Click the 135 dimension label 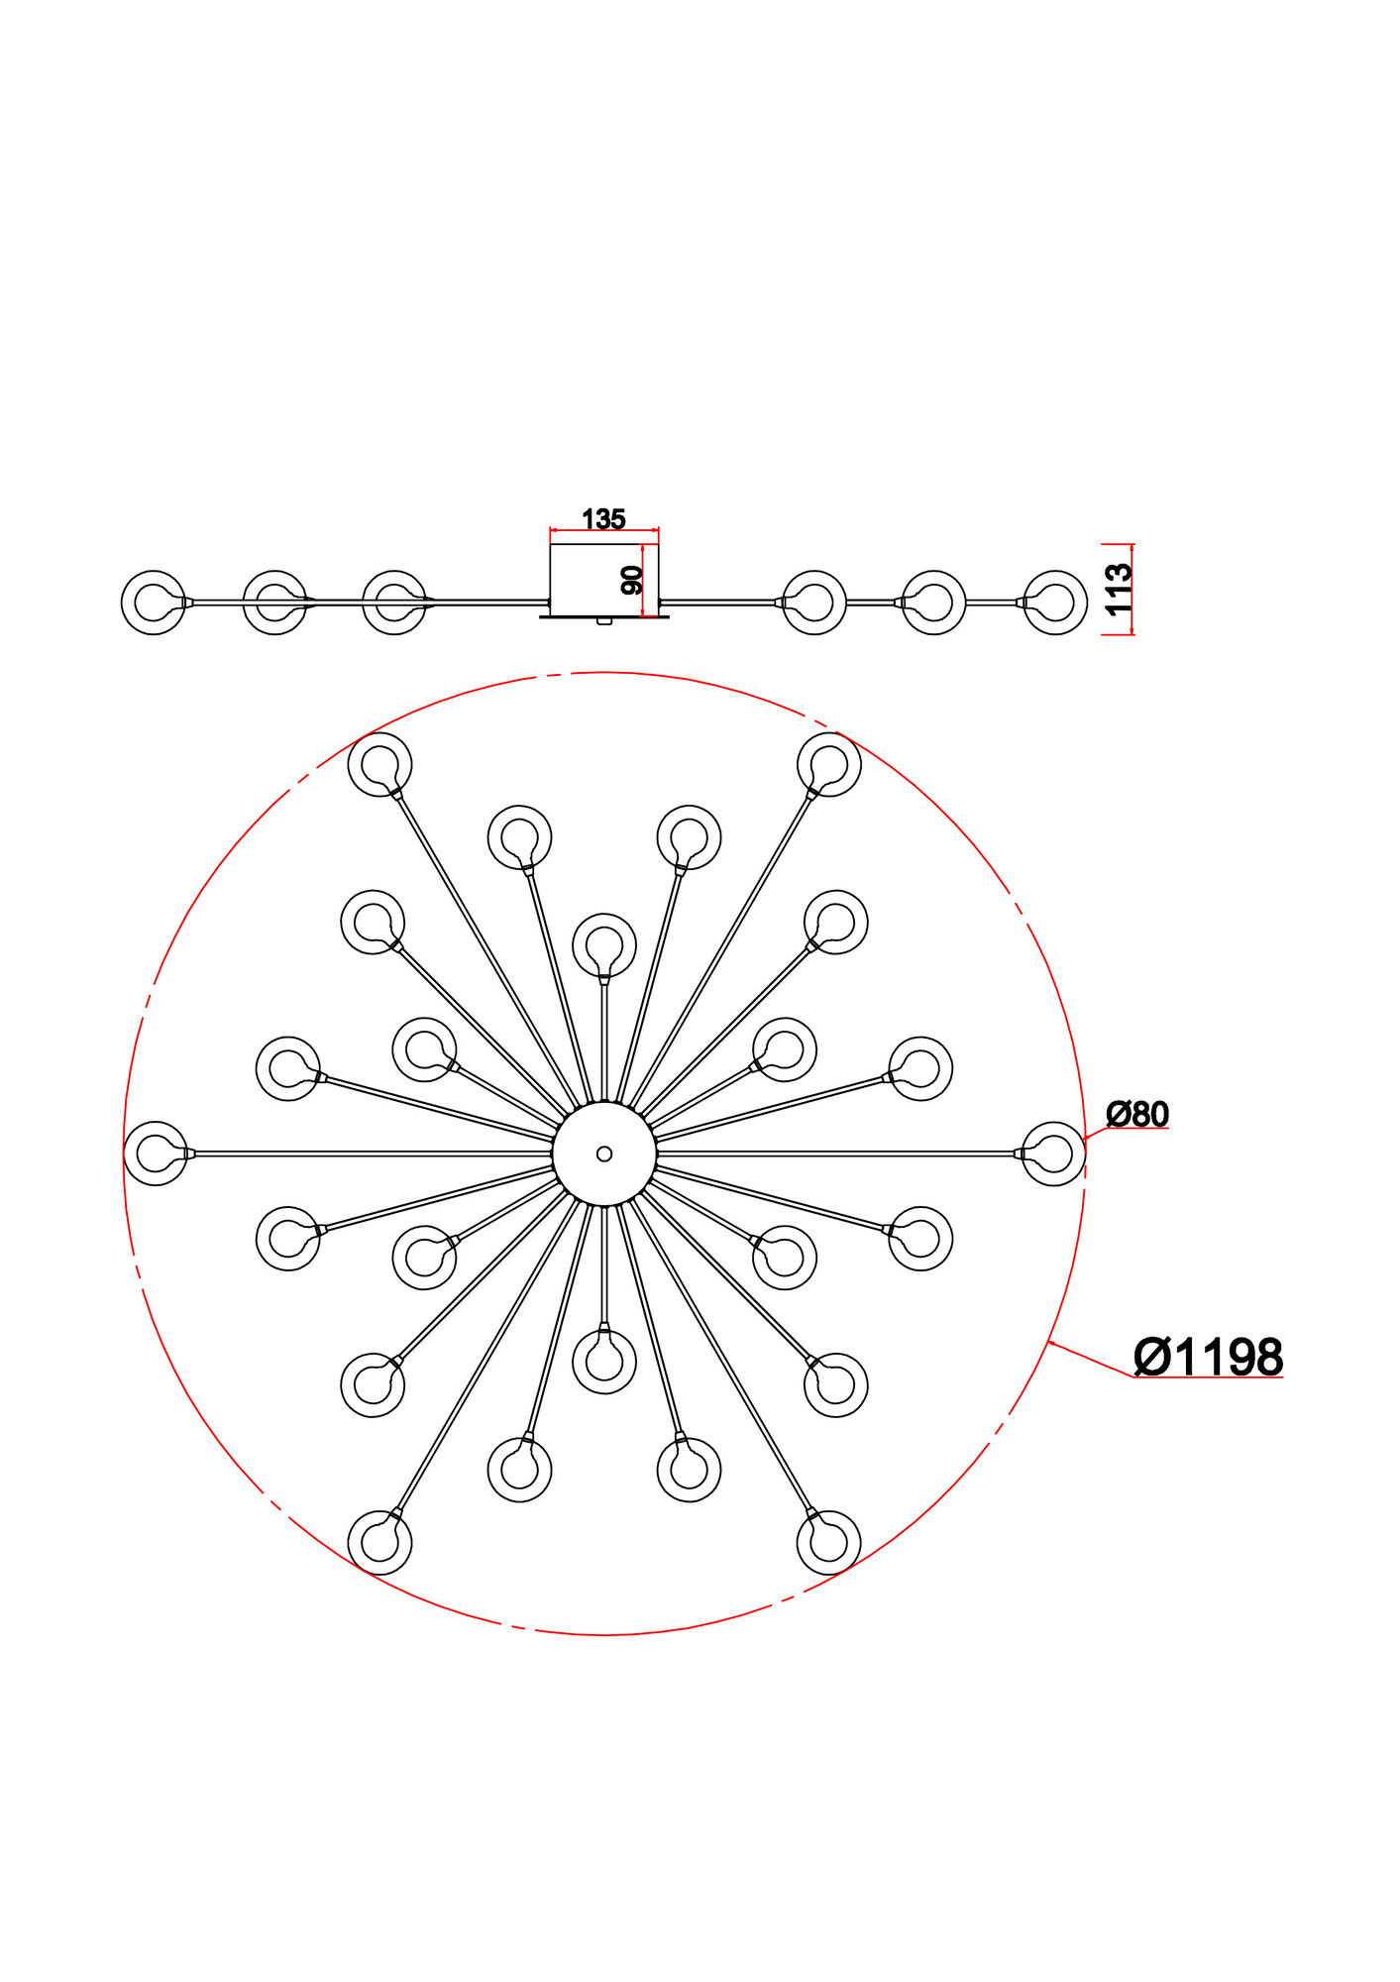[x=603, y=518]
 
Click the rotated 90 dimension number [x=631, y=580]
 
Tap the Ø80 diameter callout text [x=1136, y=1114]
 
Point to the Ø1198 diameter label [x=1207, y=1357]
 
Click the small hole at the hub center [x=604, y=1154]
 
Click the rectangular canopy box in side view [x=604, y=580]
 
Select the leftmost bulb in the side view [x=153, y=602]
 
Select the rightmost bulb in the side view [x=1055, y=602]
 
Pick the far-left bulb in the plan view [x=155, y=1154]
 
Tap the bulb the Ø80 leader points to [x=1053, y=1154]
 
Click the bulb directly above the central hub [x=604, y=944]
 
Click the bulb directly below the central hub [x=604, y=1362]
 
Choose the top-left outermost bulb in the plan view [x=380, y=764]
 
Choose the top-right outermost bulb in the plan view [x=829, y=764]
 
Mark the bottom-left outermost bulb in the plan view [x=380, y=1542]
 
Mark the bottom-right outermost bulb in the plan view [x=829, y=1542]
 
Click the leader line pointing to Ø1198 [x=1090, y=1359]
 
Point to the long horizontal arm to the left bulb [x=372, y=1154]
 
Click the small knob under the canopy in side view [x=604, y=622]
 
